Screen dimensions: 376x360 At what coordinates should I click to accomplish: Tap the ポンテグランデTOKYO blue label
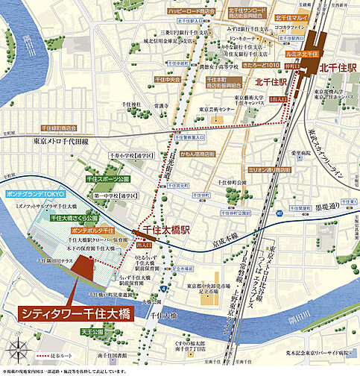point(36,193)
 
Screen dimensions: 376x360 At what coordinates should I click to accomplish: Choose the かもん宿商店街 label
point(197,154)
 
